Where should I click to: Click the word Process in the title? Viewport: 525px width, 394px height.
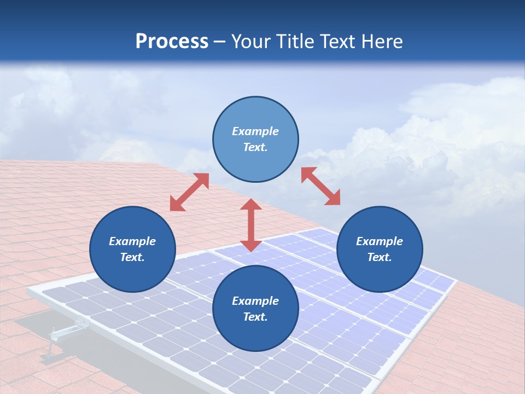click(172, 42)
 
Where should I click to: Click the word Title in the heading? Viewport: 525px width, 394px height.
click(295, 42)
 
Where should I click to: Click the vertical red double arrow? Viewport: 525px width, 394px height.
click(251, 225)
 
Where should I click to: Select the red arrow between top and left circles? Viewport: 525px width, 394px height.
click(189, 193)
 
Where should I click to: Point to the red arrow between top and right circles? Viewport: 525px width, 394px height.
click(321, 186)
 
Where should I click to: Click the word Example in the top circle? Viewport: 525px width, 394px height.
click(255, 131)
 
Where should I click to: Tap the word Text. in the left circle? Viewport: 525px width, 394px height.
click(132, 257)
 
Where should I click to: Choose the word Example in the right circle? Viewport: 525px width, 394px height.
click(380, 241)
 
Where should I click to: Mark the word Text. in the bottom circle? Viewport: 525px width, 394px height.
click(255, 317)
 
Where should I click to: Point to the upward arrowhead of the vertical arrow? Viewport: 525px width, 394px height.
click(251, 205)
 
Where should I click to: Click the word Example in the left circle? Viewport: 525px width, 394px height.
click(132, 241)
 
